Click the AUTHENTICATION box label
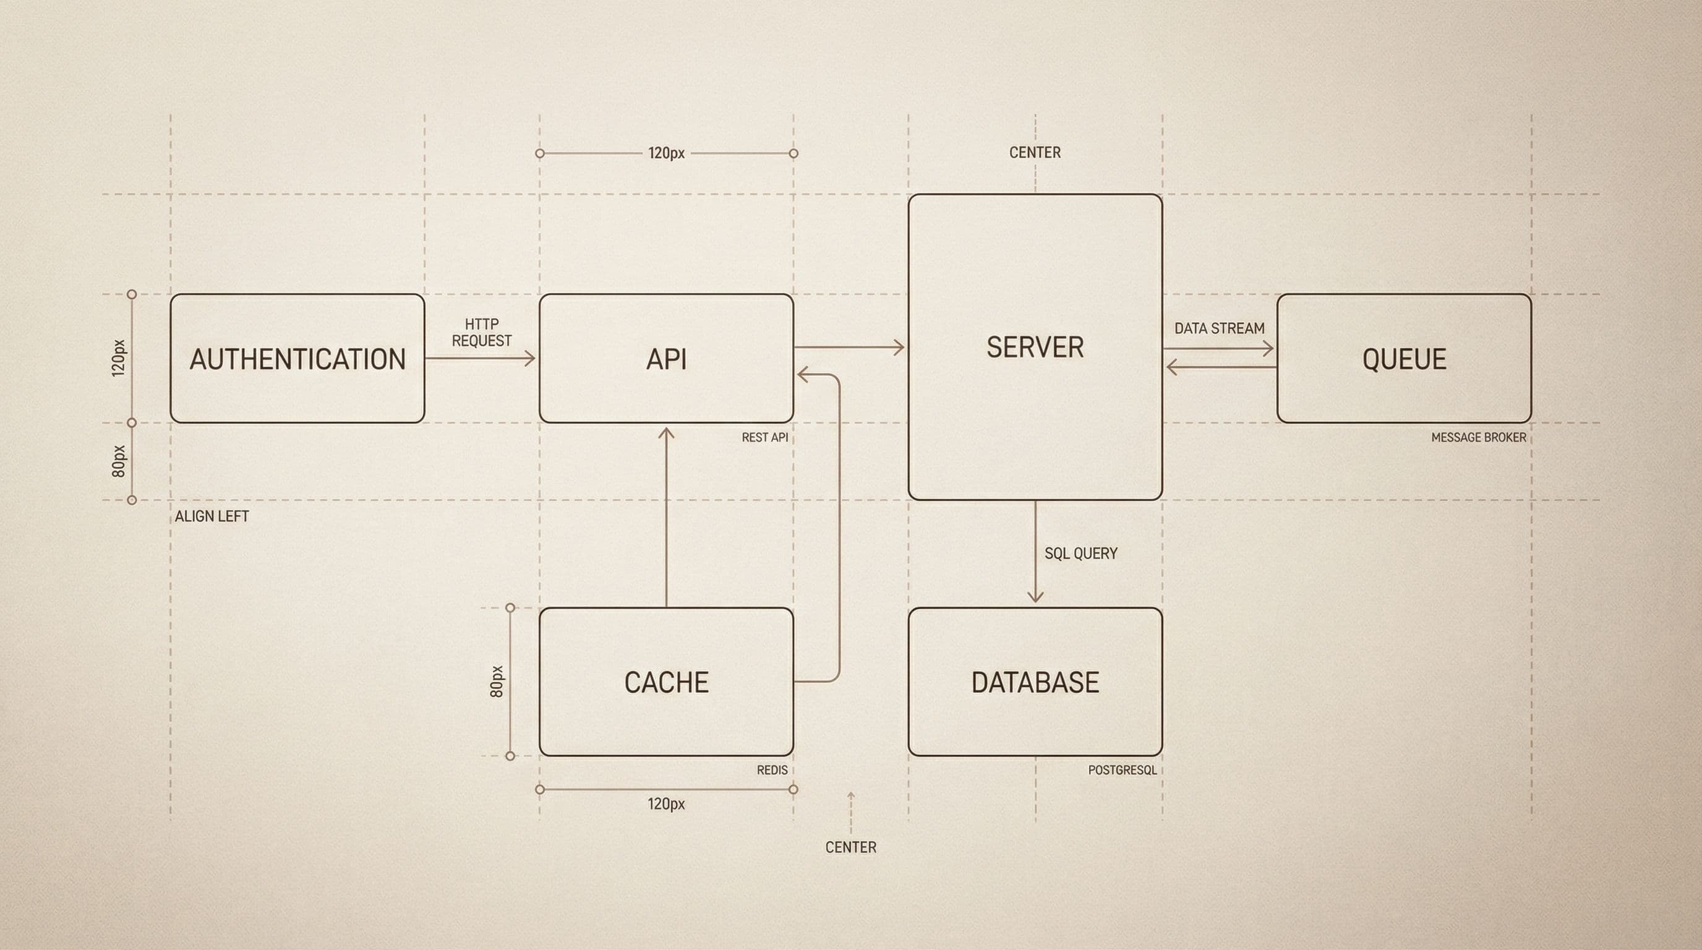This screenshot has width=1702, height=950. [x=297, y=359]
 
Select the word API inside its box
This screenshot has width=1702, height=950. [x=666, y=359]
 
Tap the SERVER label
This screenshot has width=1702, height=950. [x=1035, y=348]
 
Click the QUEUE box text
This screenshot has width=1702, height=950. [x=1404, y=359]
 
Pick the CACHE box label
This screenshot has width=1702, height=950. [x=666, y=682]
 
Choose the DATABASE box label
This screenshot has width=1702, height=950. [x=1035, y=682]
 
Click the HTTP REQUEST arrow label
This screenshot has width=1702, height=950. [x=481, y=332]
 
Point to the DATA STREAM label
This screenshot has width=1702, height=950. [x=1219, y=328]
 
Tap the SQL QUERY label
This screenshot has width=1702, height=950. [x=1080, y=554]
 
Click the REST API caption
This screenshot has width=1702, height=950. [x=764, y=437]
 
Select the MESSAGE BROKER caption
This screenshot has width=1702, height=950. [x=1479, y=437]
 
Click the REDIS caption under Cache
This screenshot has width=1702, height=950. [x=772, y=770]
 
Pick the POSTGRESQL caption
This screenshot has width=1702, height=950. [x=1122, y=770]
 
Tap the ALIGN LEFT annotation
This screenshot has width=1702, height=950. [x=212, y=516]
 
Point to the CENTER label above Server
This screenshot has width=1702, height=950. [x=1035, y=153]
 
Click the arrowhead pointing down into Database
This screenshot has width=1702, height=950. [x=1035, y=597]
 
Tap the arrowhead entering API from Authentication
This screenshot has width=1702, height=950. [x=530, y=359]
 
